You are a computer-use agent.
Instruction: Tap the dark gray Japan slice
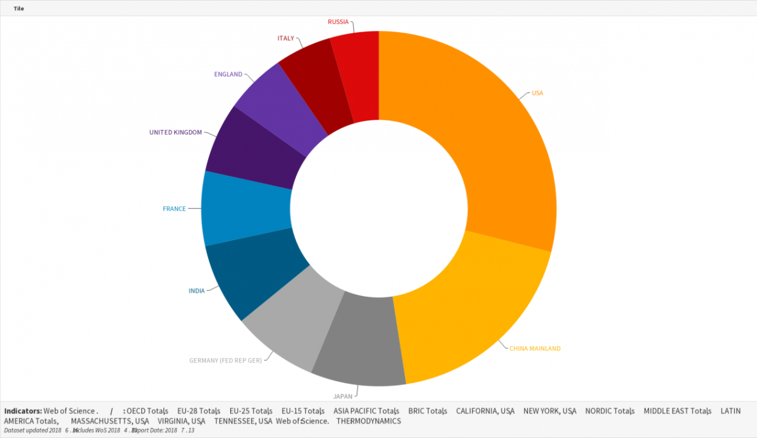(360, 340)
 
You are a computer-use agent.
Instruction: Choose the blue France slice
(246, 208)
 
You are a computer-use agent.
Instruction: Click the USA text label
(537, 93)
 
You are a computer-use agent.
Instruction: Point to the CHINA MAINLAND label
(535, 349)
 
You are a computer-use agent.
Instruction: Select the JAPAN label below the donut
(343, 397)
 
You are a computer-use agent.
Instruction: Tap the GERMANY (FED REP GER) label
(225, 361)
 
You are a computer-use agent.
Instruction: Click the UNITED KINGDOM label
(175, 132)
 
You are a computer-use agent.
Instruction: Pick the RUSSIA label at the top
(338, 22)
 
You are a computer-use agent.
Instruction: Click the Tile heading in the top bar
(19, 8)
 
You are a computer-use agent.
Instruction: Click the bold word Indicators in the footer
(23, 411)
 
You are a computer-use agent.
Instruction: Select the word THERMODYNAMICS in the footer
(368, 421)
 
